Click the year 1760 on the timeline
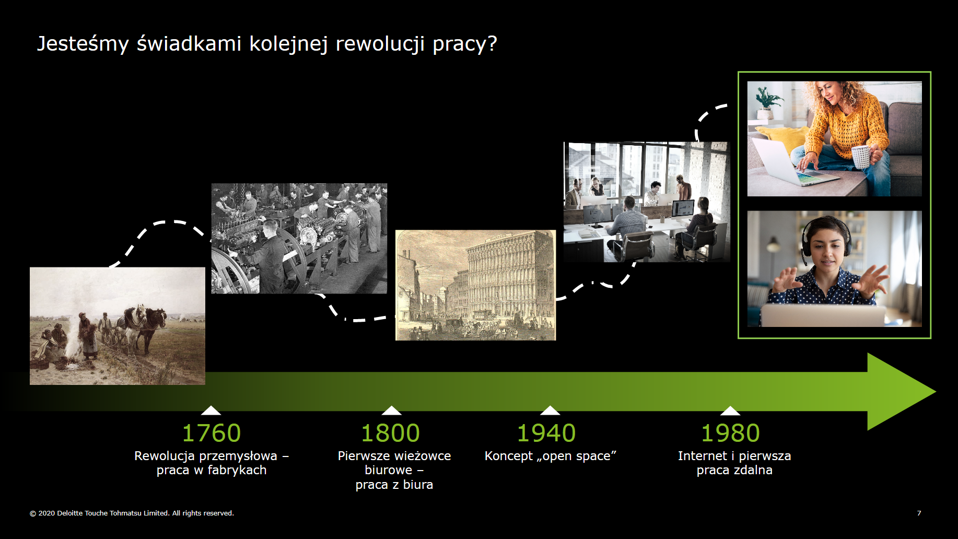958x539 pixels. (x=211, y=433)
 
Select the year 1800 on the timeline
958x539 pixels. (x=391, y=433)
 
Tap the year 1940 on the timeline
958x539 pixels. (x=546, y=433)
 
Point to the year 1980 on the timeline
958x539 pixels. (x=730, y=433)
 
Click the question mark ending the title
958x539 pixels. (x=492, y=44)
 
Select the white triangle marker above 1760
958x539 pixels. (x=211, y=410)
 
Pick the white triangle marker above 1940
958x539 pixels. (x=550, y=410)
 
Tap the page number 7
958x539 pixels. (x=919, y=513)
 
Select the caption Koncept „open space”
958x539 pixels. (x=551, y=456)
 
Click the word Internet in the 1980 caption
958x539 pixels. (x=702, y=456)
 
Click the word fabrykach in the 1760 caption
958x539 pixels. (x=237, y=471)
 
